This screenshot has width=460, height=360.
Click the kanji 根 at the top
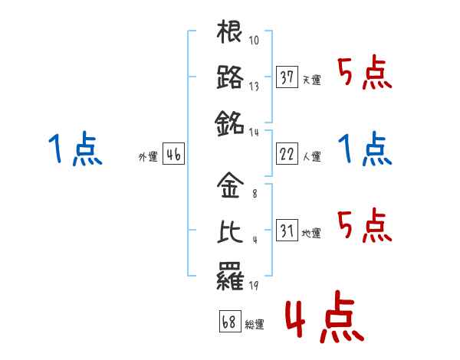click(230, 33)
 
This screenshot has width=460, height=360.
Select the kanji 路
click(230, 77)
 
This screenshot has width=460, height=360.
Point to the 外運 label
click(147, 157)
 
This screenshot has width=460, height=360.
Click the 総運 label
click(255, 325)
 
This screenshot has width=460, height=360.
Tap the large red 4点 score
click(324, 320)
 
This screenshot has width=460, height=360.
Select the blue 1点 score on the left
click(75, 149)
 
